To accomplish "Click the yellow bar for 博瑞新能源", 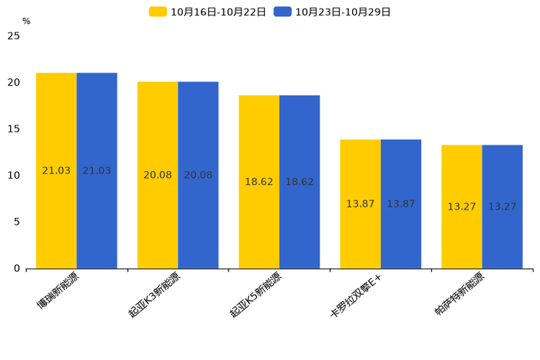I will pos(57,171).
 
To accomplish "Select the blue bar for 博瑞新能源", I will pos(97,171).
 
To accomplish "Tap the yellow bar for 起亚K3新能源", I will pos(157,175).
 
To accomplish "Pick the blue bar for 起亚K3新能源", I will pos(198,175).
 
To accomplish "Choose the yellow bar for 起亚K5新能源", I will pos(259,181).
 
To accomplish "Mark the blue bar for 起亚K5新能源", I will pos(299,181).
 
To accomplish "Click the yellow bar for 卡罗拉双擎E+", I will pos(360,204).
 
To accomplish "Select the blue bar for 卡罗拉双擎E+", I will pos(401,204).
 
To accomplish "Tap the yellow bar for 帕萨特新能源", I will pos(462,207).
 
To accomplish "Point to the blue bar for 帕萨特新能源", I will pos(502,207).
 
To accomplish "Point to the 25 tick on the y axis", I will pos(14,36).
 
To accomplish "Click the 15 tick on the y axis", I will pos(14,128).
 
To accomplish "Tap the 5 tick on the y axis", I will pos(17,221).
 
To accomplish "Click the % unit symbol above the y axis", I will pos(26,21).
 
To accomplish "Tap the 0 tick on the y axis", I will pos(17,269).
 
